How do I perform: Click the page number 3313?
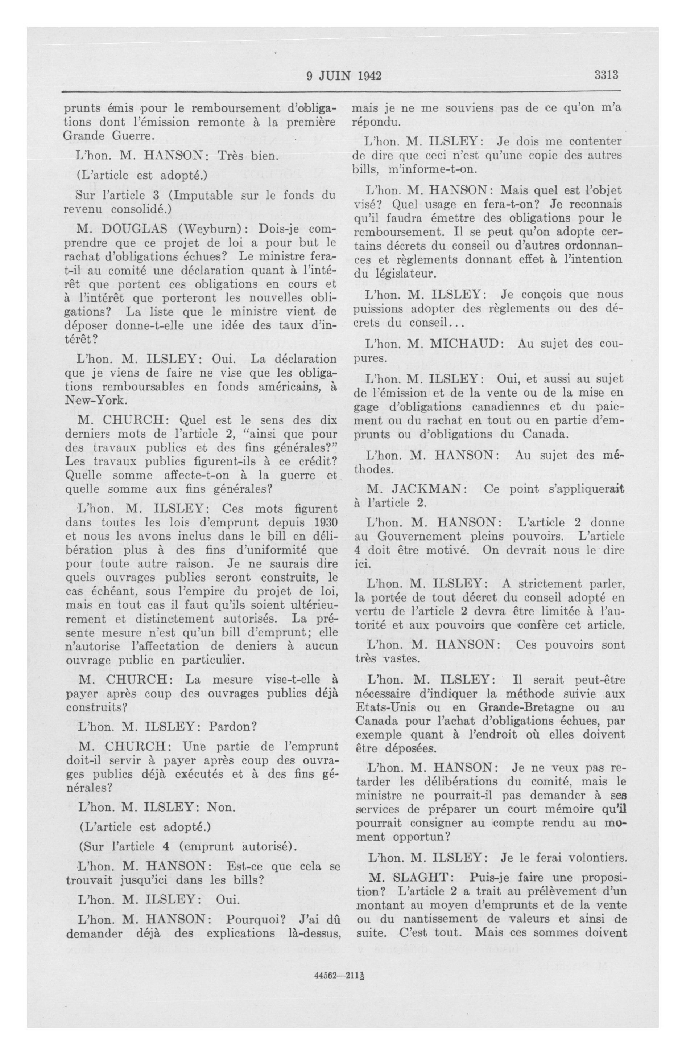coord(606,75)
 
